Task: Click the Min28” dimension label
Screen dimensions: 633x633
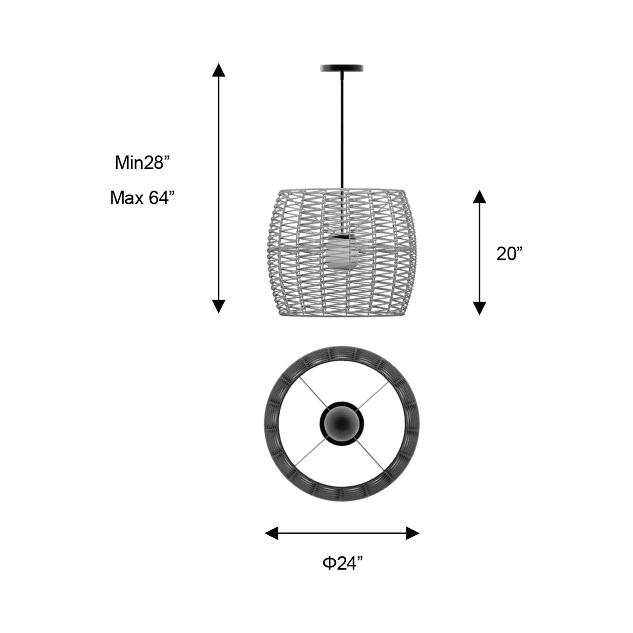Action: point(143,163)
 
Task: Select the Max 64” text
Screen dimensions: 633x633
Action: point(142,198)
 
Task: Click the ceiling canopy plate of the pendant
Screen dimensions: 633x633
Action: point(342,68)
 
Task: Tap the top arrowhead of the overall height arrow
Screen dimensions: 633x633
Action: point(219,70)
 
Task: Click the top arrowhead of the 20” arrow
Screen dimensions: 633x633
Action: point(479,196)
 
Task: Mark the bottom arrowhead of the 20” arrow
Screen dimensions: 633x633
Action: point(479,308)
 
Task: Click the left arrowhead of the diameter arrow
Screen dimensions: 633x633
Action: point(272,533)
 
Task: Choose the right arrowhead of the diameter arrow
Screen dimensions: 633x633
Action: point(413,533)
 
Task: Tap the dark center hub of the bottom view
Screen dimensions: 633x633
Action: point(342,423)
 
